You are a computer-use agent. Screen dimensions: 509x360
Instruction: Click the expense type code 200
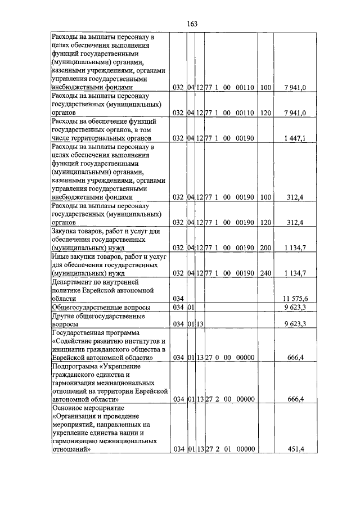tap(265, 247)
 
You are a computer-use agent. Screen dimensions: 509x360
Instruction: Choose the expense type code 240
tap(265, 273)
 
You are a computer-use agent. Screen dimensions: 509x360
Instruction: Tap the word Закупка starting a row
tap(65, 231)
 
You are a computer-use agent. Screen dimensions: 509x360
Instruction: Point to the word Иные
tap(60, 256)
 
